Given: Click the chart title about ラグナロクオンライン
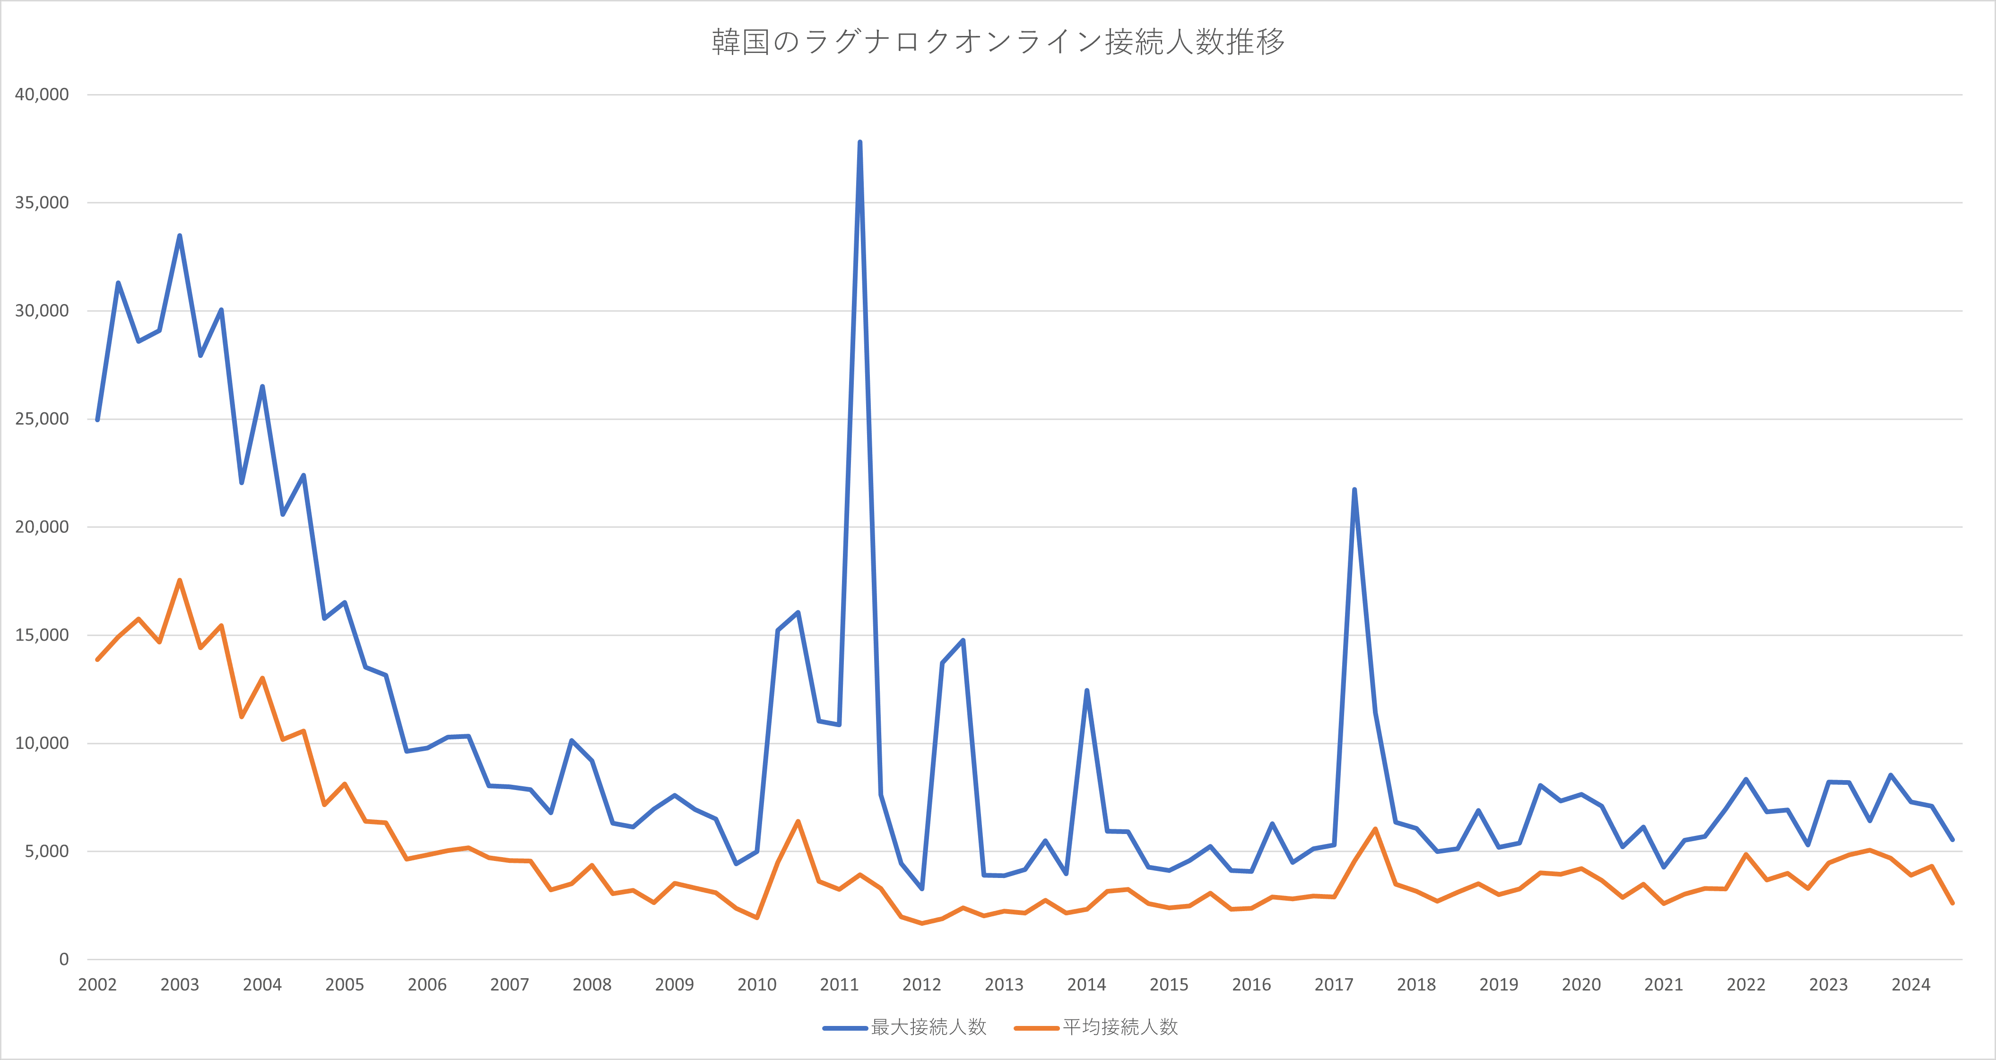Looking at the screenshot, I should coord(998,42).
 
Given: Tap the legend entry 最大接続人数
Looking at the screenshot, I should coord(904,1027).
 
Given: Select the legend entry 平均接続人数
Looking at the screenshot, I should coord(1096,1027).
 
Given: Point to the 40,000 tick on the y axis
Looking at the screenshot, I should coord(42,95).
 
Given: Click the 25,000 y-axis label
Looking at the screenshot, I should coord(42,419).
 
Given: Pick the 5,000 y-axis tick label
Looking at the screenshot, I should coord(46,851).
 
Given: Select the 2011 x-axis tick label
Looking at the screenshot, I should coord(839,985).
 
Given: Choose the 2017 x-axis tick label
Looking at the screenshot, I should coord(1334,985).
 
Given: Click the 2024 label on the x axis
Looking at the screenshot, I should coord(1911,985).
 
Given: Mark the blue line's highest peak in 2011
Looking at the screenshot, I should coord(860,143).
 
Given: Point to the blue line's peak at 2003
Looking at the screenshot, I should coord(180,235).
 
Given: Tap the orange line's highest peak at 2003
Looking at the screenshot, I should coord(180,581).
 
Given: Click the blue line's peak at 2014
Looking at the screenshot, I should coord(1086,690).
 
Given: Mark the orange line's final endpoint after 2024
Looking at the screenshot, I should coord(1953,903).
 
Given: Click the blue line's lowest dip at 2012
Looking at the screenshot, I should coord(921,889).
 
